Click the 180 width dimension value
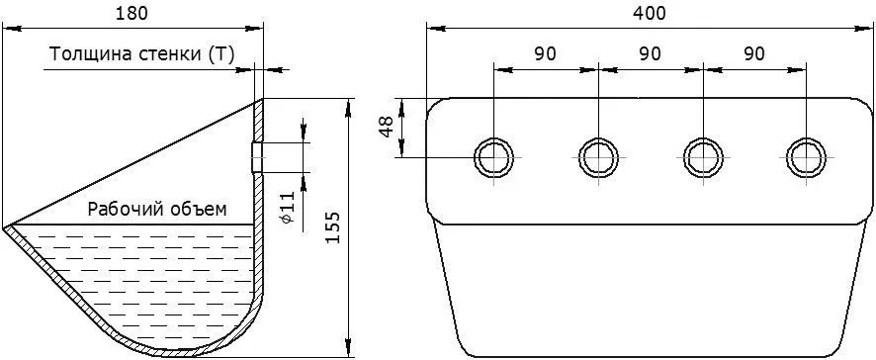[131, 14]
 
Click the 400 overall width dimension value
[650, 14]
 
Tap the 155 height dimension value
[332, 226]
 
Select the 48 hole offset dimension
[386, 128]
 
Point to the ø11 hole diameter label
[286, 208]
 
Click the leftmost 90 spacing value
[545, 53]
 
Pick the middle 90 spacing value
[651, 53]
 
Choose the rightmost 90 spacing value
[754, 53]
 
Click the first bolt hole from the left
[494, 157]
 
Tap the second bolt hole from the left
[598, 157]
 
